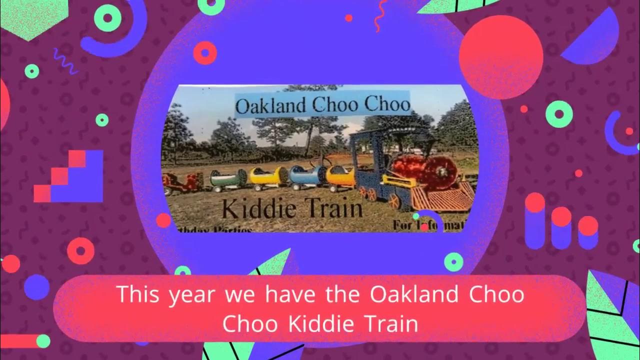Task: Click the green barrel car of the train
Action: [x=228, y=178]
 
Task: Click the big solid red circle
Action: [x=500, y=56]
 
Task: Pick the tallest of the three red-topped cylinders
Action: [x=534, y=220]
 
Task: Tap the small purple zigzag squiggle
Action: [x=65, y=60]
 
